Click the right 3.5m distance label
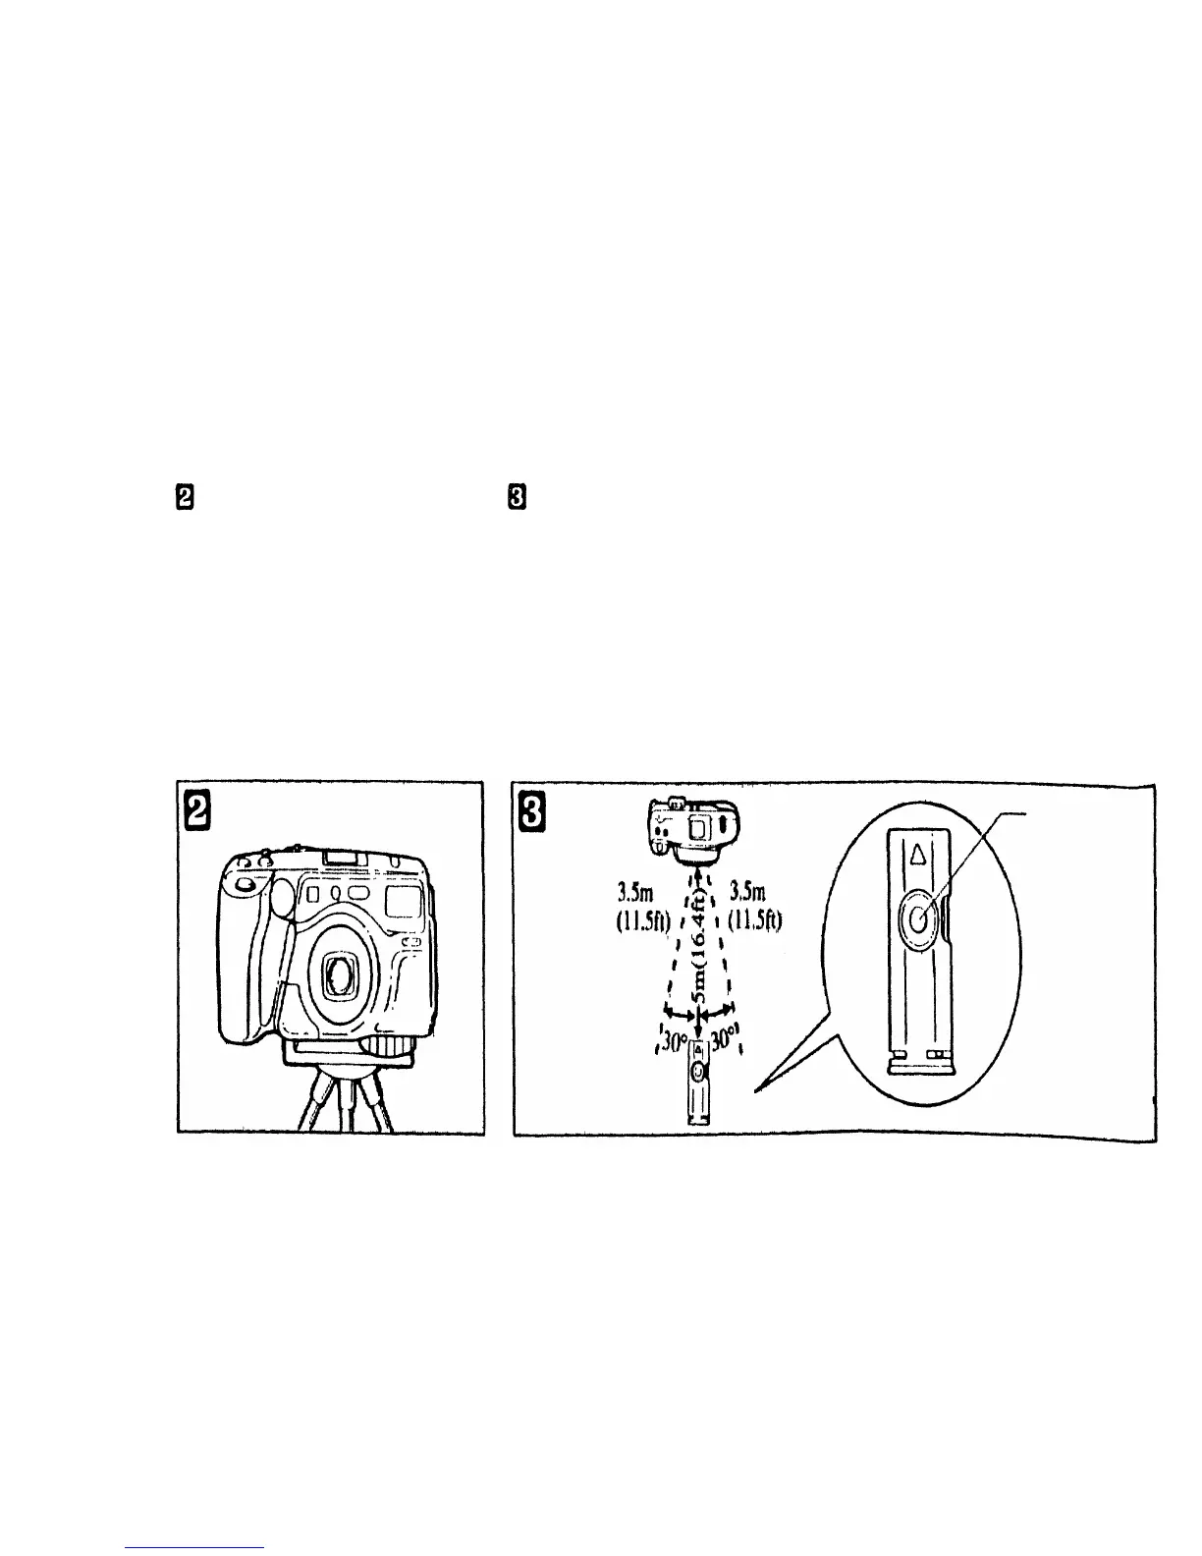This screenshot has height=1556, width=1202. click(x=751, y=892)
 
